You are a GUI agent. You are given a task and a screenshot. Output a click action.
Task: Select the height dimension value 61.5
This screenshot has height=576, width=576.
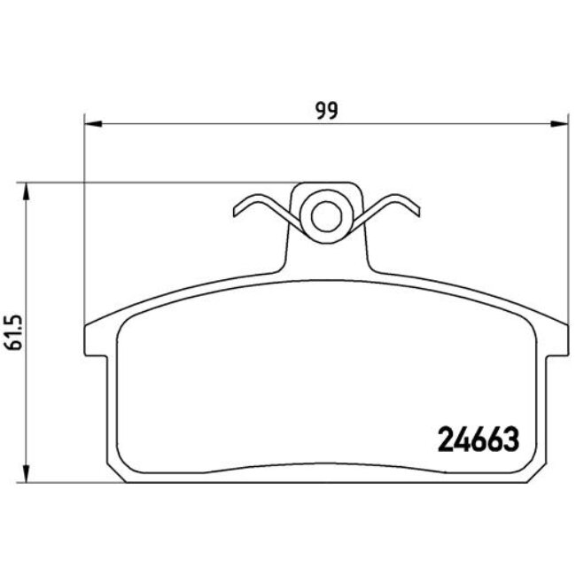[13, 331]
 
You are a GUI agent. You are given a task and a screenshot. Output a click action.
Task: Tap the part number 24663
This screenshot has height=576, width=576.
[479, 438]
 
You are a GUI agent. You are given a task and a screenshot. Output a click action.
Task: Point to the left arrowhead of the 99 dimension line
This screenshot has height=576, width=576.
[90, 124]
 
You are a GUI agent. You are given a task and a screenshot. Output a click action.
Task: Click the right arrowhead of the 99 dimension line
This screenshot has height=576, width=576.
[562, 124]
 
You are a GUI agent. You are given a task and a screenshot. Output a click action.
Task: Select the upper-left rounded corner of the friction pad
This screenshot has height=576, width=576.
[127, 324]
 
